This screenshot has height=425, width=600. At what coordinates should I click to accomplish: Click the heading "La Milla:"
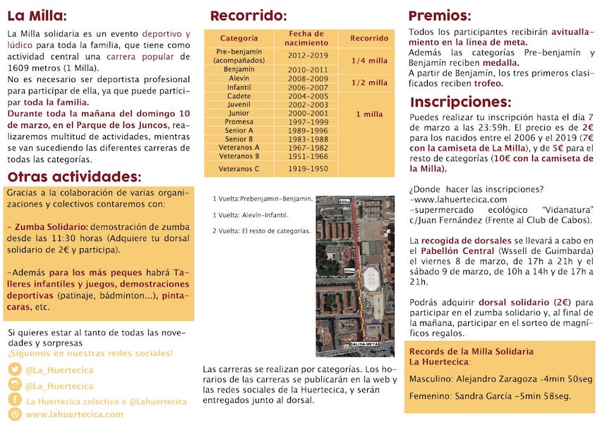click(x=37, y=16)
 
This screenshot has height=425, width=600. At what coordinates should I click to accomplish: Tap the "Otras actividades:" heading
click(x=74, y=176)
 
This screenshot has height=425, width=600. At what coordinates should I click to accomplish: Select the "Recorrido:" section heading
click(x=248, y=16)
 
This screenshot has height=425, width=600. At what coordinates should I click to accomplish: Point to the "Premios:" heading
click(x=439, y=16)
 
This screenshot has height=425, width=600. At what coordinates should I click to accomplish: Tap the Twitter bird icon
click(x=15, y=369)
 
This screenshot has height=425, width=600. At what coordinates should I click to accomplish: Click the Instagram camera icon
click(x=15, y=385)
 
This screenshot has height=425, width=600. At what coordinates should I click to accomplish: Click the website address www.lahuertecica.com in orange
click(x=74, y=414)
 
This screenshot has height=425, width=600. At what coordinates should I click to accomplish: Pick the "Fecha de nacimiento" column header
click(x=306, y=38)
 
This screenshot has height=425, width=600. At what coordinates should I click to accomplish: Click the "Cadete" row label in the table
click(x=239, y=96)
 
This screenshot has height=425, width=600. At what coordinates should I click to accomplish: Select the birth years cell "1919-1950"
click(x=308, y=169)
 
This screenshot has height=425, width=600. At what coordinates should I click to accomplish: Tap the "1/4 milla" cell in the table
click(x=368, y=60)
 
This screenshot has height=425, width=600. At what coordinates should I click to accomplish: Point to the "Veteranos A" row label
click(x=239, y=147)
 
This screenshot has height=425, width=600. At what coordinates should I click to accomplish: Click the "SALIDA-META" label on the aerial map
click(x=364, y=344)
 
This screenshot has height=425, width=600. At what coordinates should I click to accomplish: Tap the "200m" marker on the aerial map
click(x=349, y=271)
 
